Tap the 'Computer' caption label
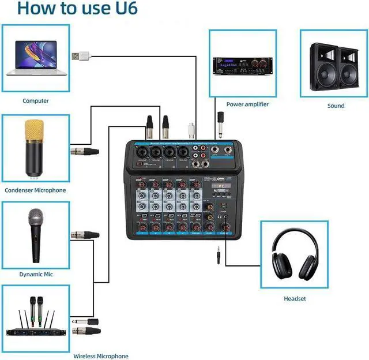pos(36,101)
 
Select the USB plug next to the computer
pos(81,56)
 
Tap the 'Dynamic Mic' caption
pos(36,274)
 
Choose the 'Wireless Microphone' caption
pos(100,356)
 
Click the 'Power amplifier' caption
pos(247,104)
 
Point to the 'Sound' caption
pos(336,106)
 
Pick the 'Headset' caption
pos(295,298)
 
